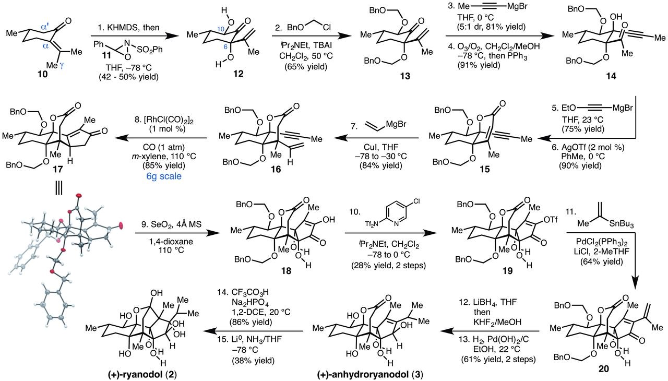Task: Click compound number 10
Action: [x=43, y=74]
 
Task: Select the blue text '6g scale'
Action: [x=164, y=176]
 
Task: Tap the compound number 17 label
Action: [x=57, y=169]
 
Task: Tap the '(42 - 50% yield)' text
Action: [x=128, y=77]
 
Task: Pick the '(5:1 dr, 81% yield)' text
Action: [x=491, y=27]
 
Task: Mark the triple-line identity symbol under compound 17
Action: [x=58, y=189]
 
